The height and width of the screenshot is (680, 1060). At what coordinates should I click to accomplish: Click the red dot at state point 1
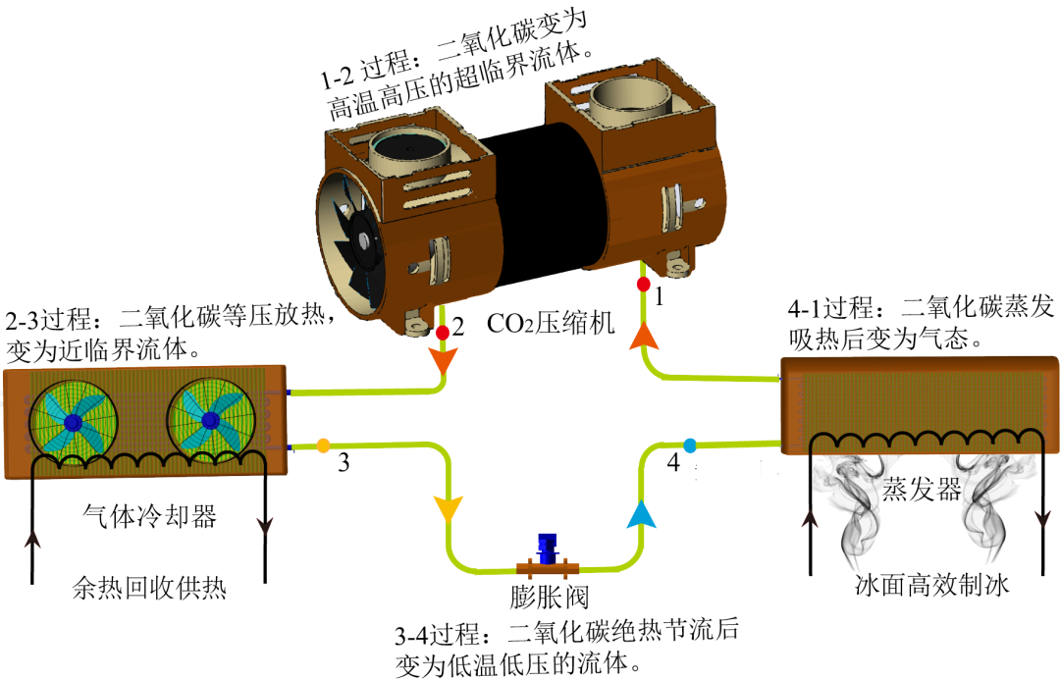(x=644, y=284)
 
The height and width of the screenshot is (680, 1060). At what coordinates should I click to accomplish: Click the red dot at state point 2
(x=443, y=333)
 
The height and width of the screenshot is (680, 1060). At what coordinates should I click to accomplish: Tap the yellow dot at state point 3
(x=323, y=445)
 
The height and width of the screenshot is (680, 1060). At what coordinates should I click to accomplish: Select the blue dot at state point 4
(x=690, y=445)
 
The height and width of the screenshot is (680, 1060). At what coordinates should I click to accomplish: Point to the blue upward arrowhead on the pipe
(x=642, y=514)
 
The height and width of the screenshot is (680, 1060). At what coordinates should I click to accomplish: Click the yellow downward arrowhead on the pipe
(x=448, y=509)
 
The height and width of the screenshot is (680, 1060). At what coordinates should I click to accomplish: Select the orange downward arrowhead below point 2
(x=443, y=361)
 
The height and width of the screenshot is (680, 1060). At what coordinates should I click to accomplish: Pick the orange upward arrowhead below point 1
(x=644, y=336)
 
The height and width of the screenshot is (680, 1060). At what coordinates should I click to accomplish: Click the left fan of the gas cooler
(x=73, y=423)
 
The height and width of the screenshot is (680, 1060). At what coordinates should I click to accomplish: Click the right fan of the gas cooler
(x=211, y=420)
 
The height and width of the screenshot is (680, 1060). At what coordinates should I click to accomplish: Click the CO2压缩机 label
(x=551, y=323)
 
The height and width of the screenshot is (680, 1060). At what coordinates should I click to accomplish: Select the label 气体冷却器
(x=149, y=517)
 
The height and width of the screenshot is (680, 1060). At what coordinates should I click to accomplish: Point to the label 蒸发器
(x=922, y=488)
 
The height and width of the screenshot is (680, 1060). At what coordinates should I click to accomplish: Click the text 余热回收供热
(x=149, y=588)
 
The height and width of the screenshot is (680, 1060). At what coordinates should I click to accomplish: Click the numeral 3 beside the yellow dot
(x=344, y=463)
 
